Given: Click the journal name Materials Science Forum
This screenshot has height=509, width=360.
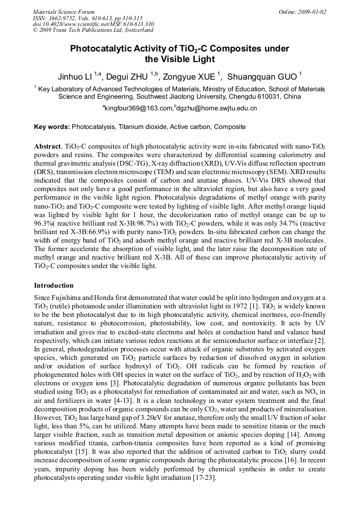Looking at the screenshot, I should tap(64, 11).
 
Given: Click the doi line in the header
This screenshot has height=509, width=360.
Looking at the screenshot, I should tap(93, 24).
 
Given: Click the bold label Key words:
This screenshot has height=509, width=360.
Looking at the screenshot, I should tap(52, 127).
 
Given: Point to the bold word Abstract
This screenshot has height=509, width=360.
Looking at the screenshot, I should tap(48, 146).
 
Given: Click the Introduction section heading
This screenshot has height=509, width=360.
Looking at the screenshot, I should tap(54, 286).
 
